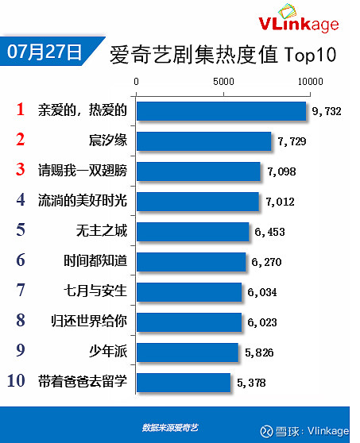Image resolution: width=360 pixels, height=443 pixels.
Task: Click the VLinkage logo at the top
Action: point(299,18)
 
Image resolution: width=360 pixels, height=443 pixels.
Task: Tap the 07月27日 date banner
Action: point(48,51)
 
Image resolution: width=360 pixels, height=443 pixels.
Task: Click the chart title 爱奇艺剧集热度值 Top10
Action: point(223,54)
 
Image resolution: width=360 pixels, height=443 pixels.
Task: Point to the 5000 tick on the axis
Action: point(223,82)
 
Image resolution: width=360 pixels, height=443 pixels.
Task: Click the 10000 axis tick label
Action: point(310,82)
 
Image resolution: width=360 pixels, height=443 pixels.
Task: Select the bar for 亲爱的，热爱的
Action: point(222,111)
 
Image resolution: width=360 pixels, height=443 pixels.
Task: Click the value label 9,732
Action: point(327,111)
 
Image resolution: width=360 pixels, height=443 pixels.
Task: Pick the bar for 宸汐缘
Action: point(204,141)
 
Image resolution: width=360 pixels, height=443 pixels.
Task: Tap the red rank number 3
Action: point(21,170)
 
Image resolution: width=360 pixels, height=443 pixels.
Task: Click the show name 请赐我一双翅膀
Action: point(83,171)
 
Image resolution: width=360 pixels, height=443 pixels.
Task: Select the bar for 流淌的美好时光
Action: point(198,202)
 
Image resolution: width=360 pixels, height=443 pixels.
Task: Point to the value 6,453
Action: point(269,232)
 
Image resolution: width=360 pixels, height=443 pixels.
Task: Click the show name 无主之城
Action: point(102,230)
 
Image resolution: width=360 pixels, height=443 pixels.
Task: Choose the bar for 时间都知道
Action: point(192,262)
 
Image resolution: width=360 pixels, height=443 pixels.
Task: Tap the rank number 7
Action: point(21,290)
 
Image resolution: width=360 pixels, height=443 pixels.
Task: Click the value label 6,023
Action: point(262,322)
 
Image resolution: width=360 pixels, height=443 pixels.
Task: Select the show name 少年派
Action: point(108,351)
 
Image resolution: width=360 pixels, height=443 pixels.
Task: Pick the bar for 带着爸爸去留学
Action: point(184,383)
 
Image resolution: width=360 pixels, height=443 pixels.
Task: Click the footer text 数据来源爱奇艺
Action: point(170,427)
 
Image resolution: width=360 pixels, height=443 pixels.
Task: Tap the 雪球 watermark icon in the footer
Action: point(266,431)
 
